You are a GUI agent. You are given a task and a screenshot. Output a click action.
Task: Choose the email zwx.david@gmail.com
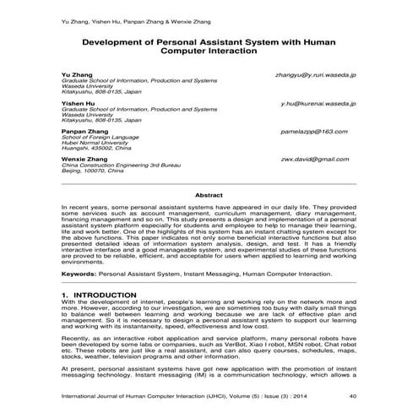pyautogui.click(x=315, y=159)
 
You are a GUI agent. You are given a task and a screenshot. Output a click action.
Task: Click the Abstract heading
pyautogui.click(x=209, y=194)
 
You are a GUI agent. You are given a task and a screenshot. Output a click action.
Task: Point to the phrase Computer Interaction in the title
pyautogui.click(x=208, y=51)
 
